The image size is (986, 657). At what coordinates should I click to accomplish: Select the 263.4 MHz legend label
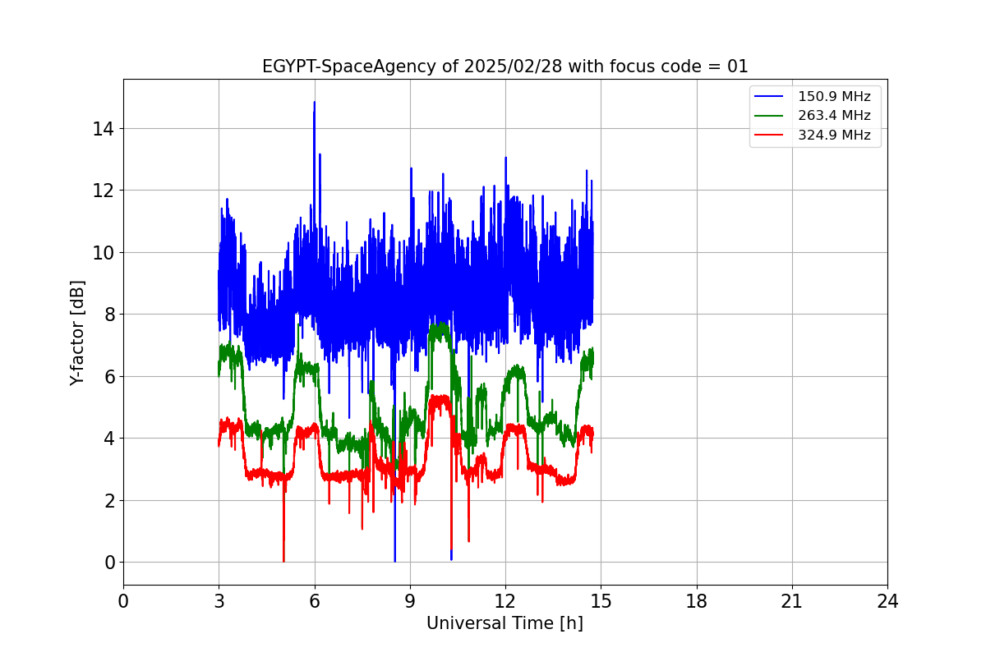834,116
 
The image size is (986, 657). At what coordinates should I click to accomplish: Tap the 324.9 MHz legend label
834,136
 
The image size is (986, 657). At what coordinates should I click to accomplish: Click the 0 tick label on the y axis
108,563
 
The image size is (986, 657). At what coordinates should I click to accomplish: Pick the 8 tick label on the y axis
108,315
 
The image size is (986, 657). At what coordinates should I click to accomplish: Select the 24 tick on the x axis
887,601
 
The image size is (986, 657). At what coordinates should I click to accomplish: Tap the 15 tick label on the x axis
601,601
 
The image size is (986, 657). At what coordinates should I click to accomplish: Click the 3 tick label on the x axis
219,601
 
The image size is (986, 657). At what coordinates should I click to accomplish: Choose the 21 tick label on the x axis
792,601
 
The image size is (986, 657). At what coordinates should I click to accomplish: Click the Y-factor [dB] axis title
77,333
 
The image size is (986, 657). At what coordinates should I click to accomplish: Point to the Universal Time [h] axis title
505,623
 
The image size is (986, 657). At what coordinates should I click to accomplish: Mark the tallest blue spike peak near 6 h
314,103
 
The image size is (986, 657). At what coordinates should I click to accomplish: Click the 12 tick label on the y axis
104,191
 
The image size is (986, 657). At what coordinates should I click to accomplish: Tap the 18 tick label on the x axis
697,601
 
